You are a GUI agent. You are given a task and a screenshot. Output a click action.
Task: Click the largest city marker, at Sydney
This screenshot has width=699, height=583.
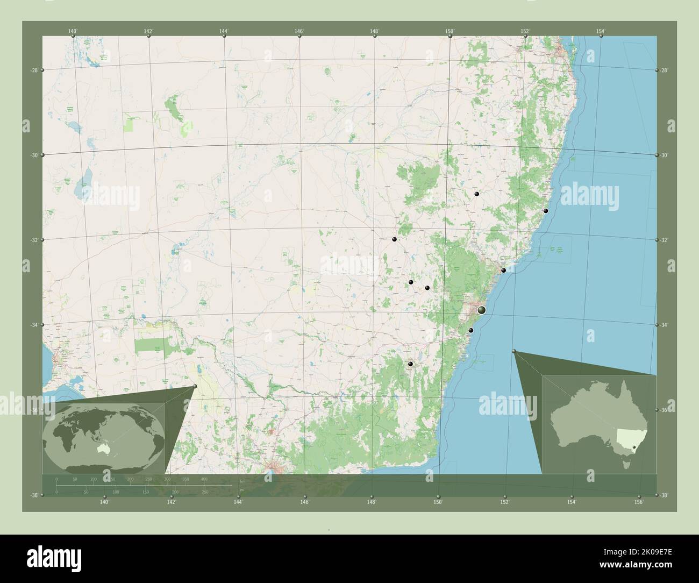coord(482,310)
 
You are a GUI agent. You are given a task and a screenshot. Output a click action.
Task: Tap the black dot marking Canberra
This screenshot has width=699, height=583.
coord(411,364)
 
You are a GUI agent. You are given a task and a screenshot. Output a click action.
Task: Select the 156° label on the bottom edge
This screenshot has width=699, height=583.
coord(638,502)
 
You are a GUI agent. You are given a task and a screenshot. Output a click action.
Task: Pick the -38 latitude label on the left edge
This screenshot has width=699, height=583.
coord(33,495)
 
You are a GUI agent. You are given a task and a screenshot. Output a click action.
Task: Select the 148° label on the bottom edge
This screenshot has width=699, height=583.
coord(372,502)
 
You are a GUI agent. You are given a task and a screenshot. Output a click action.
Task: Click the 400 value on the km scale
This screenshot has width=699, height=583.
coord(204,478)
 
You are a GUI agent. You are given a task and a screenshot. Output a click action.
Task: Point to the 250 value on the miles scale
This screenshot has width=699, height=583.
coord(204,492)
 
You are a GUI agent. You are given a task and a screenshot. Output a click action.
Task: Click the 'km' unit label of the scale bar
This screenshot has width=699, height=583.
coord(242,481)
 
